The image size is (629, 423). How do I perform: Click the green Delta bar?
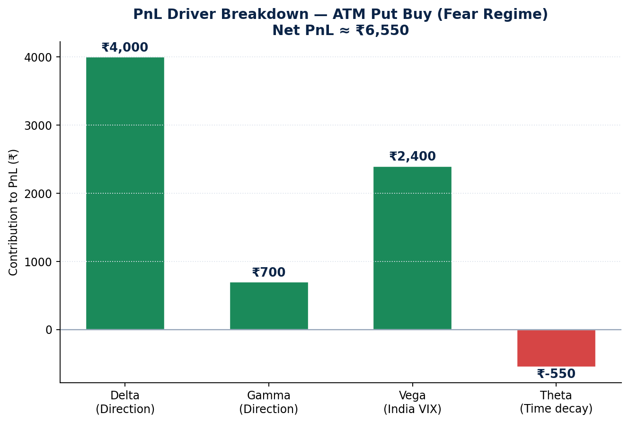click(x=125, y=193)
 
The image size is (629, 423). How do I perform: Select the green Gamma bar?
click(x=269, y=306)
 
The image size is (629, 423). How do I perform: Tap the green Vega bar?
click(x=413, y=248)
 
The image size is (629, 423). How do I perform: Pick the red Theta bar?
click(x=556, y=348)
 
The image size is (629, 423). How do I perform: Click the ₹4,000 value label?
click(x=124, y=47)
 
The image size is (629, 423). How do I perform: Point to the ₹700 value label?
click(x=269, y=272)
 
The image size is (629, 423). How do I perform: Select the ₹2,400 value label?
click(x=413, y=156)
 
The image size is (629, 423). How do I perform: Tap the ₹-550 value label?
click(x=556, y=374)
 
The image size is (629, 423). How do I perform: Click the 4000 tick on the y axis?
click(x=38, y=57)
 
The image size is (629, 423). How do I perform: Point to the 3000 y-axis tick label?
click(x=38, y=126)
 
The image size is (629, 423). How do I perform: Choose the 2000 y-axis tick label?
click(x=38, y=194)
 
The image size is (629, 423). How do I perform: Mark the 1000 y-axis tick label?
click(x=38, y=262)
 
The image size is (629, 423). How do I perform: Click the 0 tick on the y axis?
click(x=49, y=330)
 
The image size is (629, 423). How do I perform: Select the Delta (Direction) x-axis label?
click(x=125, y=402)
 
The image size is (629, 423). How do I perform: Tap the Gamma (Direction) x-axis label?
click(x=269, y=402)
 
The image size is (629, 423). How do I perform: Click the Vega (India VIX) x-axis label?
click(x=413, y=402)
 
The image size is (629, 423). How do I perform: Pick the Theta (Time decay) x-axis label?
click(x=556, y=402)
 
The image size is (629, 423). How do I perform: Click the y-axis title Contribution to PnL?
click(x=13, y=212)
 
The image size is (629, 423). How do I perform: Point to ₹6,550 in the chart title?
click(x=382, y=30)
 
